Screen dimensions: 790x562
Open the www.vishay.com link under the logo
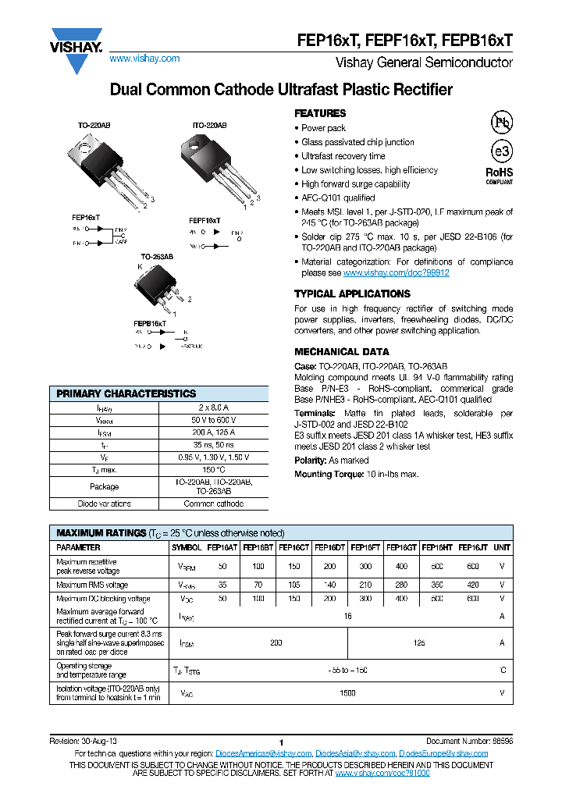[x=144, y=59]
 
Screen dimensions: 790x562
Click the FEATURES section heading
[x=320, y=113]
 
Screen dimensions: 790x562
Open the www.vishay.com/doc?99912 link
[x=396, y=273]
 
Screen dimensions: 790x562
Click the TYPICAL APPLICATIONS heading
[x=352, y=294]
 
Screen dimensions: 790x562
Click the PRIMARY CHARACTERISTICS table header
[x=126, y=393]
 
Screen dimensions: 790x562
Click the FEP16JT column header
[x=472, y=548]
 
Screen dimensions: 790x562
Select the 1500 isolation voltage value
[x=347, y=692]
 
